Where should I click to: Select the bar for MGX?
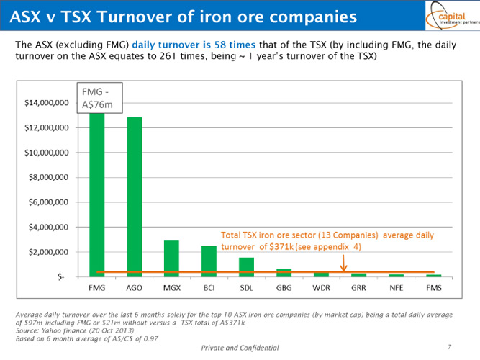[x=171, y=258]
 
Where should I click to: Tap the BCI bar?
[x=209, y=261]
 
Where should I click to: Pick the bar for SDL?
[x=246, y=267]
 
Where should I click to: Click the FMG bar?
[x=96, y=194]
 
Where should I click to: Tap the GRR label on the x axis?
[x=358, y=287]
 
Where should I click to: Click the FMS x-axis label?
[x=433, y=287]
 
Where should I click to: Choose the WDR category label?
[x=321, y=287]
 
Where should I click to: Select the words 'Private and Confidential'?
[x=240, y=348]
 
